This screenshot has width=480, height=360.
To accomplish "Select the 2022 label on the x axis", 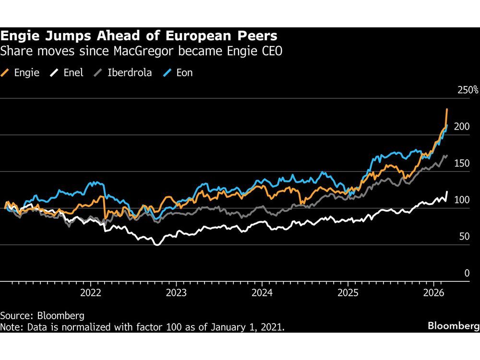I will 91,292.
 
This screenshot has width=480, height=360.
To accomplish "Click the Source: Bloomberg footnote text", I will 42,316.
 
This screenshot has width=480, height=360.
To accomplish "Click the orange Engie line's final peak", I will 447,109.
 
